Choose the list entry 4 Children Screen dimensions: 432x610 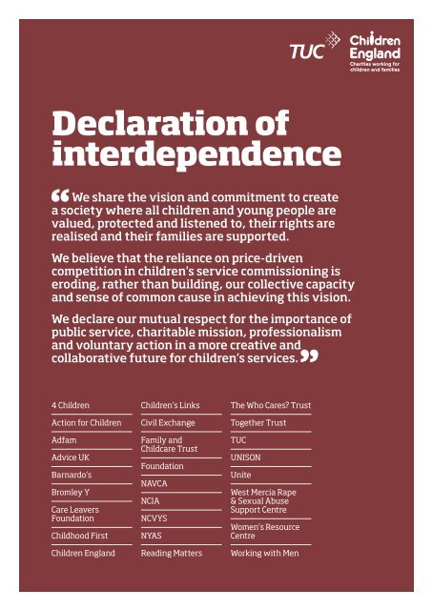[71, 405]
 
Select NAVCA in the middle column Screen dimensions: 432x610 [155, 483]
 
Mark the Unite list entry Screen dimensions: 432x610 [241, 475]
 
